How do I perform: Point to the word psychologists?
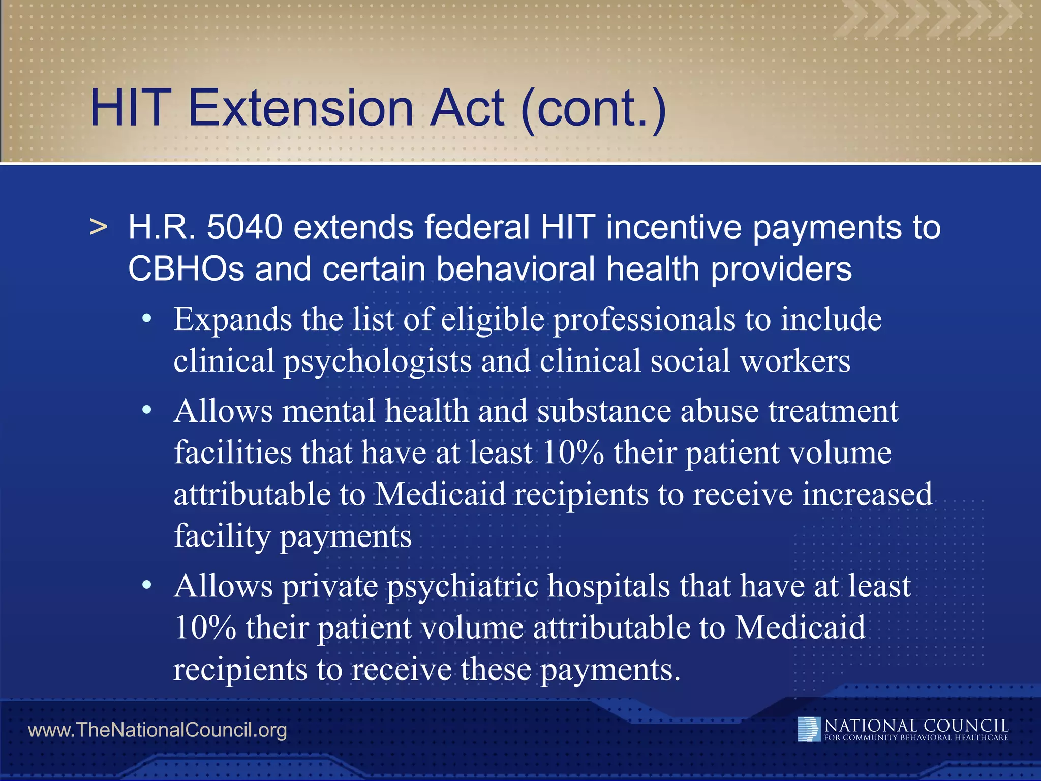tap(377, 362)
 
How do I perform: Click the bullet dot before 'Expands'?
tap(147, 319)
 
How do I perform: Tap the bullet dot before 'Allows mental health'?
tap(147, 410)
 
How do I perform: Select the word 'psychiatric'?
tap(463, 587)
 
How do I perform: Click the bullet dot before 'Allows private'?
tap(147, 585)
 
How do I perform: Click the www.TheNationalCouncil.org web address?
tap(158, 730)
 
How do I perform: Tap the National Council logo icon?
tap(809, 729)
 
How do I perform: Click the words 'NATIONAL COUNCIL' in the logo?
tap(916, 725)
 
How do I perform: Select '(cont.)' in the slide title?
tap(593, 109)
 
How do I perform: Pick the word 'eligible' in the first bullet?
tap(493, 320)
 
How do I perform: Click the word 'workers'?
tap(795, 361)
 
